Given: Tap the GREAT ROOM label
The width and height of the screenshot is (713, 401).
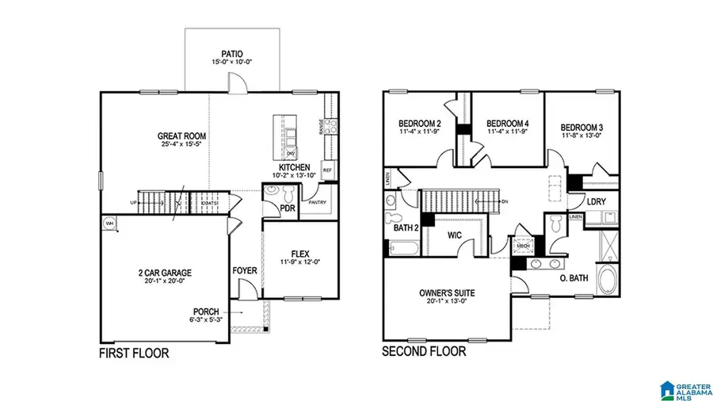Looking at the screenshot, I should (181, 136).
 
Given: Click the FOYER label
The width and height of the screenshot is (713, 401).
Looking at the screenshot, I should (245, 270).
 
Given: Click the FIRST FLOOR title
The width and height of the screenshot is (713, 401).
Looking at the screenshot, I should (134, 353).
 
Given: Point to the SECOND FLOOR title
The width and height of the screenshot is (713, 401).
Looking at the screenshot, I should (424, 351).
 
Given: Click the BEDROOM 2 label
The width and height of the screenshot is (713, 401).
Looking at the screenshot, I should (419, 124).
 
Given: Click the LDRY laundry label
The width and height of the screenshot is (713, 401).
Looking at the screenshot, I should (597, 201).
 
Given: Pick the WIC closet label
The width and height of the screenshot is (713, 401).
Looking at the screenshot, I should (453, 235).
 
